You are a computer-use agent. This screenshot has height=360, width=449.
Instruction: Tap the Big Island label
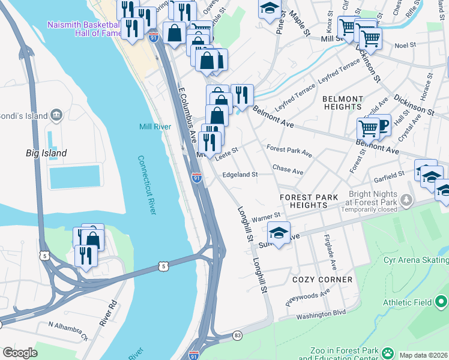coord(46,153)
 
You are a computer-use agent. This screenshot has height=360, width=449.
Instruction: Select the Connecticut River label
coord(148,185)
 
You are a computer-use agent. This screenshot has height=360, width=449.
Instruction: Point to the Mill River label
coord(155,126)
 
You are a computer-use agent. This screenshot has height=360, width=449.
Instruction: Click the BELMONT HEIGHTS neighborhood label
coord(343,103)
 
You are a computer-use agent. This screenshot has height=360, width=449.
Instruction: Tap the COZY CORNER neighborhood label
coord(322,280)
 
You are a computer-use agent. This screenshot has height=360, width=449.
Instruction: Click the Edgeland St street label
coord(240,175)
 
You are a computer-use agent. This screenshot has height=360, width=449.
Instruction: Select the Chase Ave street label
coord(288,170)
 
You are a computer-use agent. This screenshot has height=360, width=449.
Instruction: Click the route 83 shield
coord(238,335)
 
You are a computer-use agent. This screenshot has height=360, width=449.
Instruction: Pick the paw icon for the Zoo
coord(388,353)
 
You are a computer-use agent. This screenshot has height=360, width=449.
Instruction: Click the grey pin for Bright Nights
coord(408,199)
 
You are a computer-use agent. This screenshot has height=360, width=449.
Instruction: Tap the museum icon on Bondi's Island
coord(56,115)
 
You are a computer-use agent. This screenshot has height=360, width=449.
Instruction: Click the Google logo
coord(20,353)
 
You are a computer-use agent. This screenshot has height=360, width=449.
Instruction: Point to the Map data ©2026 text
coord(423,355)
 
